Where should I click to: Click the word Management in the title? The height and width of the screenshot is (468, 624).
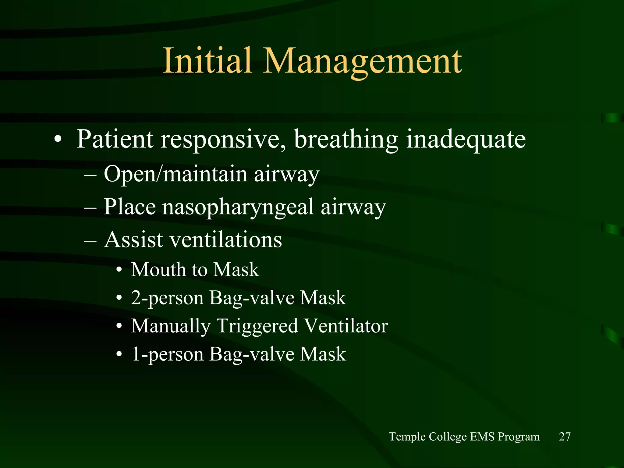(363, 62)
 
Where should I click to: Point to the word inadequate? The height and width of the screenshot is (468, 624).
(466, 140)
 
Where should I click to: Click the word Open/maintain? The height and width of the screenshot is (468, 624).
(175, 174)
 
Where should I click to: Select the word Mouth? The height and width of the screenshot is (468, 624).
(158, 270)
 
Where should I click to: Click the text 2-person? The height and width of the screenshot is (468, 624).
(167, 298)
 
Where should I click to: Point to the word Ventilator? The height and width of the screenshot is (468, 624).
(346, 326)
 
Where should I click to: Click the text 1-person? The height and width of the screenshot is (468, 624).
(167, 355)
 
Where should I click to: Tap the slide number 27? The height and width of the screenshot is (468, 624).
(565, 437)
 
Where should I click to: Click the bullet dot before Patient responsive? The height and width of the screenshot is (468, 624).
(58, 140)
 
